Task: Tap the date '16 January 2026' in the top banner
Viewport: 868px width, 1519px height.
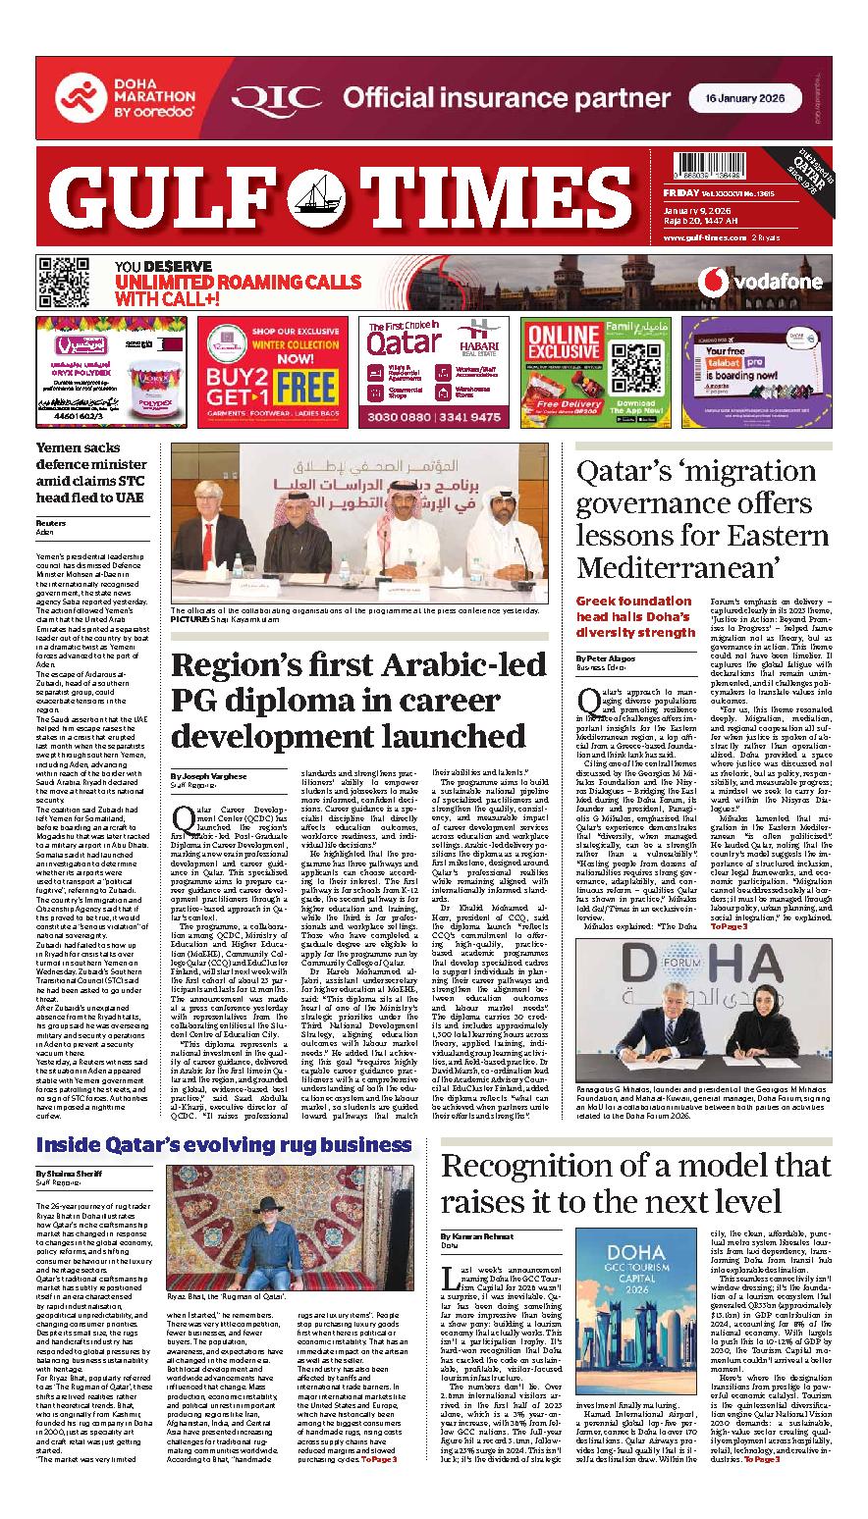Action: point(743,98)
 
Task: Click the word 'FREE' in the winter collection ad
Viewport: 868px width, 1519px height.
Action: point(303,386)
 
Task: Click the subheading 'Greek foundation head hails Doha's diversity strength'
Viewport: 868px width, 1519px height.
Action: point(634,616)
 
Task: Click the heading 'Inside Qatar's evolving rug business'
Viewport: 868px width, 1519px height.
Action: point(224,1145)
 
